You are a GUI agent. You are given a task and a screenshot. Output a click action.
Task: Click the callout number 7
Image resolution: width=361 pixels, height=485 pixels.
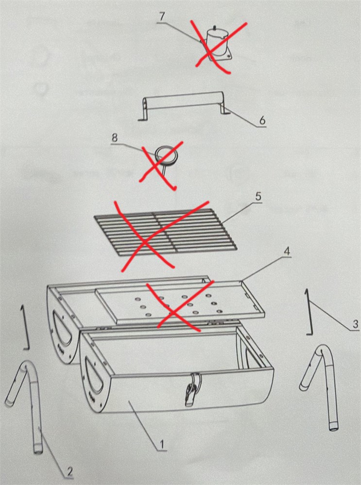coord(162,17)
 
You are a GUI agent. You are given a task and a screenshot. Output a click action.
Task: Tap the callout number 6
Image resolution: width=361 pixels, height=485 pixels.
coord(262,120)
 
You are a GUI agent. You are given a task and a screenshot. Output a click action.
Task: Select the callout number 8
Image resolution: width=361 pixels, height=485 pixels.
coord(115,138)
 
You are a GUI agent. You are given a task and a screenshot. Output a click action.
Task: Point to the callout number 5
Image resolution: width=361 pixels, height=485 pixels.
coord(258,197)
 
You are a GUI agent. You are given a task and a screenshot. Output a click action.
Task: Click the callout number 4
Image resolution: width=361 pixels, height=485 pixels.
coord(287,251)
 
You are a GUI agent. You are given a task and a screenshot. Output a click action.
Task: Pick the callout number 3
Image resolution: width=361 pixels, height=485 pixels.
coord(355,324)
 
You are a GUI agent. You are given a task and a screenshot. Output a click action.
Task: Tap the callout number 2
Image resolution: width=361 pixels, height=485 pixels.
coord(69,472)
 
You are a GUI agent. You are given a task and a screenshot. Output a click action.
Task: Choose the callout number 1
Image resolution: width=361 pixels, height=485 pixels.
coord(161,445)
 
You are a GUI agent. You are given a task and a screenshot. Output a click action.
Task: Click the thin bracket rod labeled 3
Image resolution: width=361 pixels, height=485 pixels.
coord(309,312)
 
